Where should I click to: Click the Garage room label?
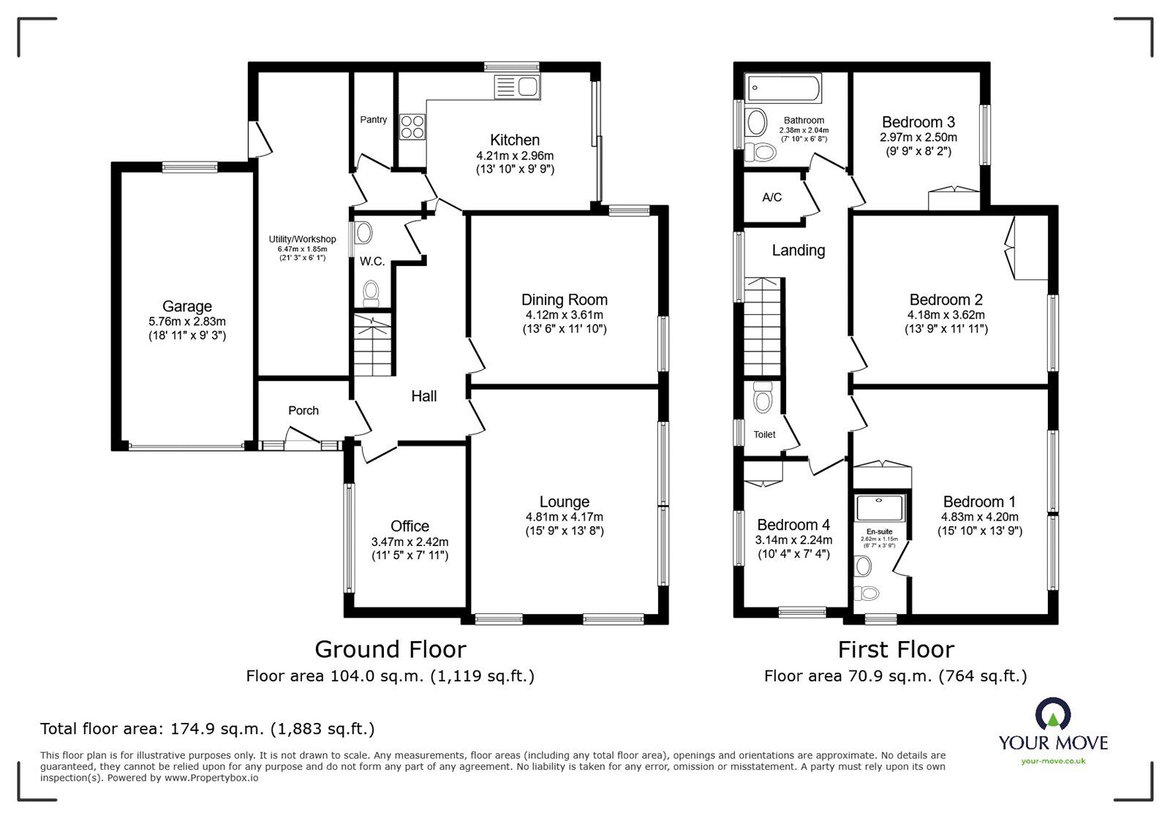pyautogui.click(x=187, y=306)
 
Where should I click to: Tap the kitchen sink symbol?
pyautogui.click(x=517, y=87)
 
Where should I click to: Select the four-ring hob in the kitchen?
pyautogui.click(x=412, y=127)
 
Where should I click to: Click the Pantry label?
pyautogui.click(x=374, y=119)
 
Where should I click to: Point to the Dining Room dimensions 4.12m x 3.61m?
pyautogui.click(x=564, y=315)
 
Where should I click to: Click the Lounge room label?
pyautogui.click(x=564, y=501)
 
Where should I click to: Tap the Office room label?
pyautogui.click(x=409, y=526)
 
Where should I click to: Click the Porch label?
pyautogui.click(x=303, y=410)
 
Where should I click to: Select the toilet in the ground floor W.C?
pyautogui.click(x=372, y=292)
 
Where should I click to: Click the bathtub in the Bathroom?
pyautogui.click(x=782, y=88)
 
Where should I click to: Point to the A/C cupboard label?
pyautogui.click(x=771, y=197)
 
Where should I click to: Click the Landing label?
pyautogui.click(x=799, y=250)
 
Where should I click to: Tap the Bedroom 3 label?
pyautogui.click(x=918, y=122)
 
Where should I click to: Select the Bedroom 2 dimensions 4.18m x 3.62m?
pyautogui.click(x=946, y=315)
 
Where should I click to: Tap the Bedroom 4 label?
pyautogui.click(x=793, y=525)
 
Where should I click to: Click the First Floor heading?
pyautogui.click(x=895, y=649)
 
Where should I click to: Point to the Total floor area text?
pyautogui.click(x=207, y=729)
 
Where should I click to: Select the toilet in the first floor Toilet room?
pyautogui.click(x=763, y=398)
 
